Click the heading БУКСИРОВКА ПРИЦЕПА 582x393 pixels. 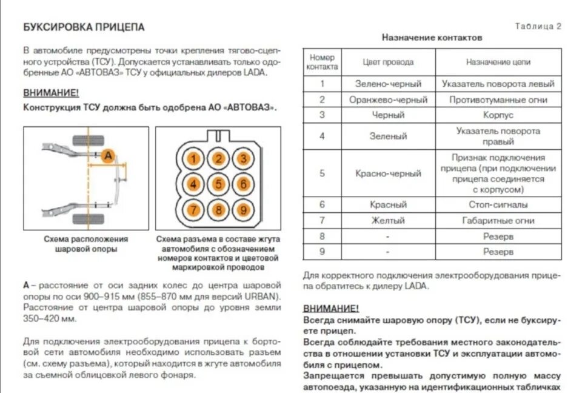tap(84, 27)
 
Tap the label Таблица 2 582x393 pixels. tap(538, 26)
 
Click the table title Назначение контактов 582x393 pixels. tap(432, 38)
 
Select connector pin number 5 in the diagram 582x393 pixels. tap(218, 184)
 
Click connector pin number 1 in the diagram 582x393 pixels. tap(193, 160)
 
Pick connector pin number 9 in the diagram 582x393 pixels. tap(242, 210)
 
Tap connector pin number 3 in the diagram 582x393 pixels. tap(242, 160)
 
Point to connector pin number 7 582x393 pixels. tap(193, 210)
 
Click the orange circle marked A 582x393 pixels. tap(108, 156)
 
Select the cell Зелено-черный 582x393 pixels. tap(388, 84)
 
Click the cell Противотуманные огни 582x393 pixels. tap(498, 99)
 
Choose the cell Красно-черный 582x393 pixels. tap(388, 173)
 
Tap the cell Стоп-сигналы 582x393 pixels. tap(498, 205)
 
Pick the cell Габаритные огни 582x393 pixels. tap(498, 221)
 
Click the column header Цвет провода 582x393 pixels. tap(388, 62)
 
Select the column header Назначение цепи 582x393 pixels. tap(498, 62)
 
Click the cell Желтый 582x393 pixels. tap(388, 221)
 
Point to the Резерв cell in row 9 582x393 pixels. tap(498, 251)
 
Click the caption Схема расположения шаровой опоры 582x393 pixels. tap(85, 244)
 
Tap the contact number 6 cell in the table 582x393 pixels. tap(322, 205)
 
